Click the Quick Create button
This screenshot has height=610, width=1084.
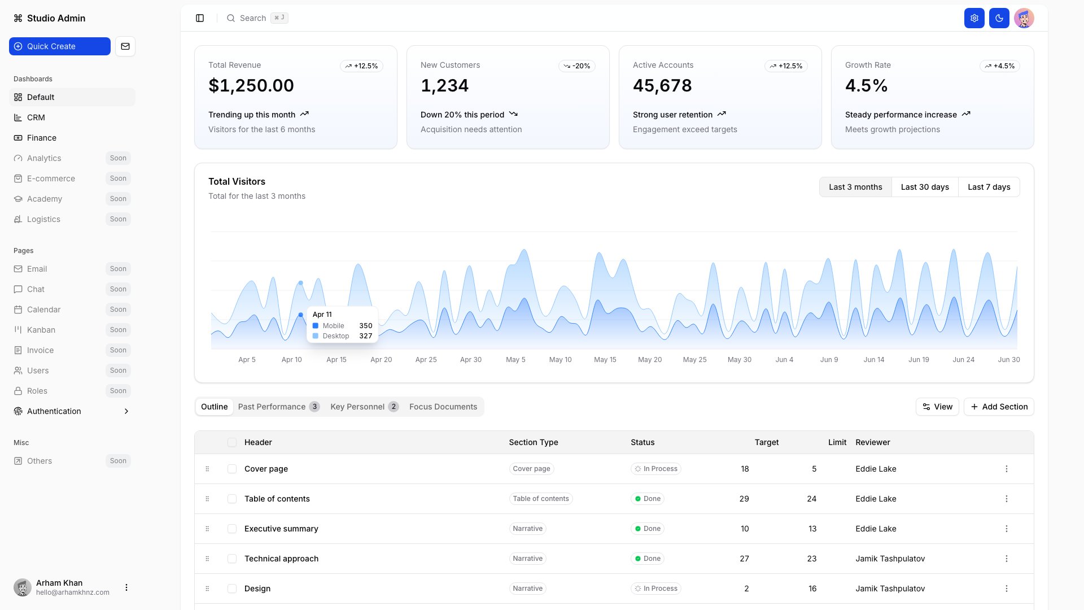(x=59, y=46)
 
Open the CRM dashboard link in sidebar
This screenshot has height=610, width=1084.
(x=36, y=117)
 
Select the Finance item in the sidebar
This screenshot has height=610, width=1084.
(x=41, y=138)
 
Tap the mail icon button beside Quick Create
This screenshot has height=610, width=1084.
(x=125, y=46)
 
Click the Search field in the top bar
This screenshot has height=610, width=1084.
(x=253, y=18)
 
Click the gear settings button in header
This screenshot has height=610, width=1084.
(x=974, y=18)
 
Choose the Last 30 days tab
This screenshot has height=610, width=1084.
(x=925, y=187)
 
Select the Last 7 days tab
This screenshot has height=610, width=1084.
(x=989, y=187)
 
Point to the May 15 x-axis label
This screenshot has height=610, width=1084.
(x=605, y=360)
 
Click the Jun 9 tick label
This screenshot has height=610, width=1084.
(x=829, y=360)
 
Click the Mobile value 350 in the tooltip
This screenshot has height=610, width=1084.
(x=365, y=326)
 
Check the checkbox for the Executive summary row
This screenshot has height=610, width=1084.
(x=232, y=529)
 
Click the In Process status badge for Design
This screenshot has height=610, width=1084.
(x=655, y=589)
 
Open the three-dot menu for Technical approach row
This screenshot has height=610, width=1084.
(x=1006, y=559)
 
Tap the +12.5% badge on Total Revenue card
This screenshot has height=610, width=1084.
(x=361, y=66)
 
